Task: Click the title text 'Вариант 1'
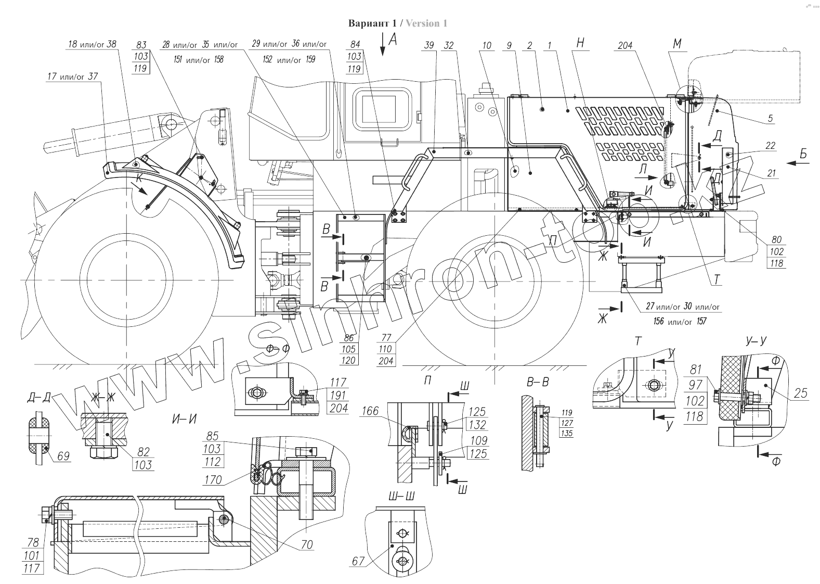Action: click(374, 23)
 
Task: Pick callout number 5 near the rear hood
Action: click(770, 119)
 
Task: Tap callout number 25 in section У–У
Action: click(801, 393)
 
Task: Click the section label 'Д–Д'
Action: click(39, 399)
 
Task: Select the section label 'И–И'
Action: click(184, 417)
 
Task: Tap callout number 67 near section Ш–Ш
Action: click(357, 561)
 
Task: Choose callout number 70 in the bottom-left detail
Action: click(307, 544)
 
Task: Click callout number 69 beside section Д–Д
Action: click(63, 456)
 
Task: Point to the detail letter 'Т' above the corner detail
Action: click(639, 341)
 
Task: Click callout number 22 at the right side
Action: click(770, 146)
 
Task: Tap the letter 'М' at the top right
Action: click(677, 45)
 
